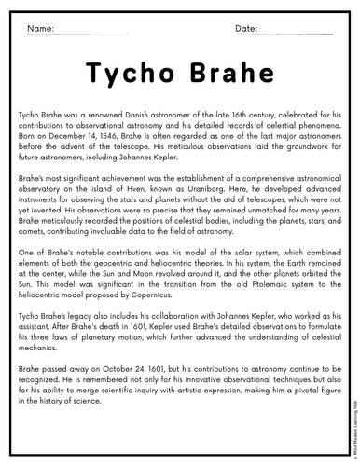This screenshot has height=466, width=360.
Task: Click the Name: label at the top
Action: coord(41,29)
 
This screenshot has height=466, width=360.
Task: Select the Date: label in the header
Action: coord(246,29)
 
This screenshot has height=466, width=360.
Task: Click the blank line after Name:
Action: coord(92,34)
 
